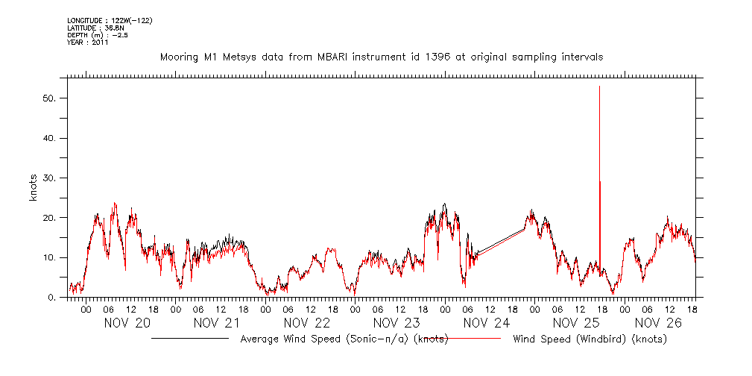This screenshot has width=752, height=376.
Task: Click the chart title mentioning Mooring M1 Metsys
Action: [x=382, y=57]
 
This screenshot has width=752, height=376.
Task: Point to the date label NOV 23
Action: [x=396, y=323]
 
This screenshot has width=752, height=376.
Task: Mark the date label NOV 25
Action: [x=576, y=323]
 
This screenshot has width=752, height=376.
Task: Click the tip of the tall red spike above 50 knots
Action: [x=599, y=87]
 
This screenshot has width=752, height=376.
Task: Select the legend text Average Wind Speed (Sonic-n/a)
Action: [x=344, y=339]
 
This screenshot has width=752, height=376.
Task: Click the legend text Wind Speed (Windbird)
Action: [x=590, y=339]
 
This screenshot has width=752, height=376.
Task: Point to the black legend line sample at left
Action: [x=190, y=339]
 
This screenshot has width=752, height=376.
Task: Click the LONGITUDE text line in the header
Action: [x=110, y=20]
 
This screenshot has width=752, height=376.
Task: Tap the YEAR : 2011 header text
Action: [x=88, y=43]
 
